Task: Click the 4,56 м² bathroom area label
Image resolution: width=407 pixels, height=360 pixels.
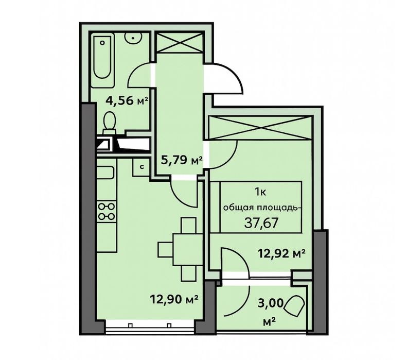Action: tap(126, 101)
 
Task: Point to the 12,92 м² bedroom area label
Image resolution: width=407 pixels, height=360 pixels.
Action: tap(282, 253)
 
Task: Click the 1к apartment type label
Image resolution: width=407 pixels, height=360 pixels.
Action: tap(260, 193)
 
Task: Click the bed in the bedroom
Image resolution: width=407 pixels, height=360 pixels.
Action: tap(260, 211)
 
